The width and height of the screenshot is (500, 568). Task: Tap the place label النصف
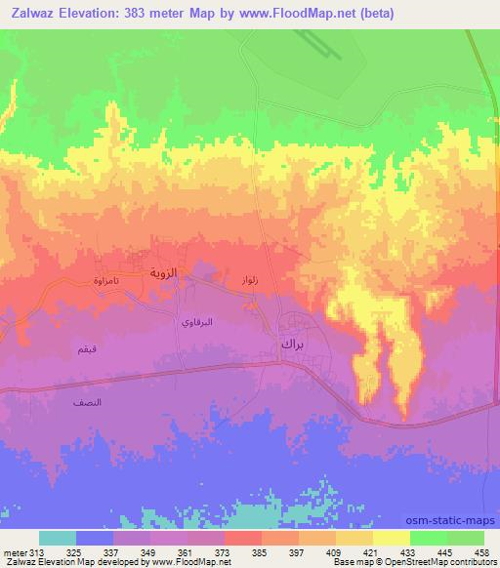click(88, 401)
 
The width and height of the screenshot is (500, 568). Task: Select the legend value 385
click(259, 552)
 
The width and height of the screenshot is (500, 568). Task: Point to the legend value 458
click(481, 552)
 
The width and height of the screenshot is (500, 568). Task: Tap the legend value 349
click(149, 552)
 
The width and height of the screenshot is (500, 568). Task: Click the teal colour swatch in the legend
click(58, 538)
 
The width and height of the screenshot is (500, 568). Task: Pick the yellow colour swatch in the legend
click(392, 538)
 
